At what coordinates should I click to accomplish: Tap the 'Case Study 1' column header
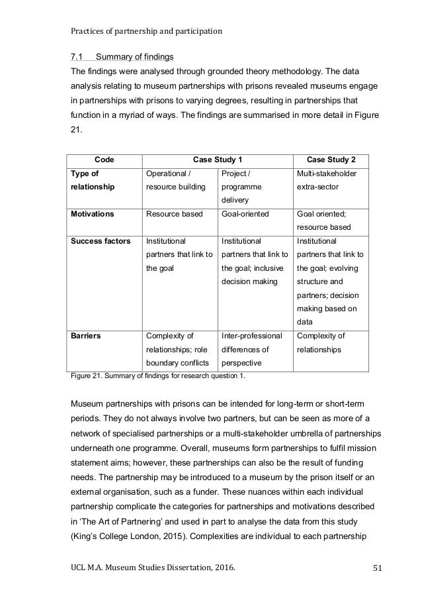(216, 159)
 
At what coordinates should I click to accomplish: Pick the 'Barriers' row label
(85, 336)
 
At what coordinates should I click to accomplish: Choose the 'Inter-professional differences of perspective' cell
(252, 350)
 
